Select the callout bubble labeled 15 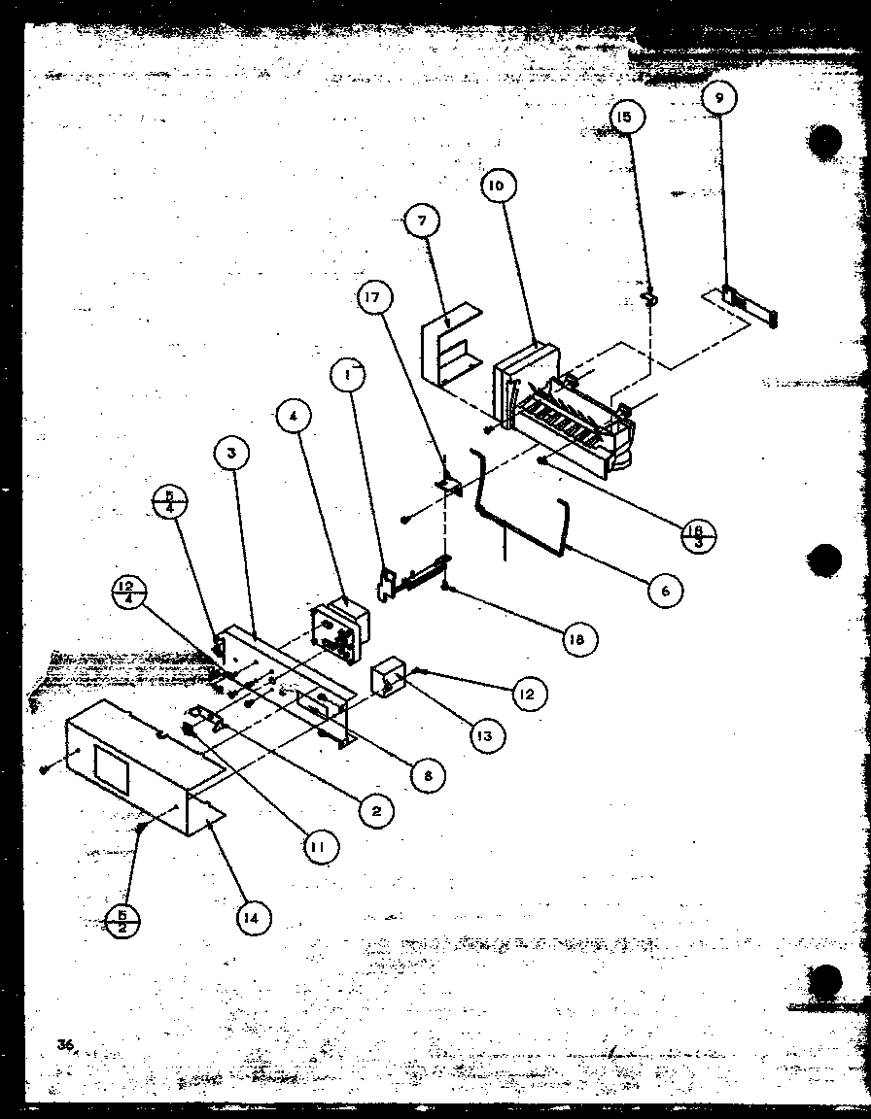point(623,118)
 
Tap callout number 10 point(497,185)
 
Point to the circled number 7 point(421,220)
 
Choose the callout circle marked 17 point(373,299)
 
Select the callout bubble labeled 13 point(483,735)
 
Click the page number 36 point(65,1045)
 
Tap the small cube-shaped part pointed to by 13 point(390,679)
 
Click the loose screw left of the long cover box point(45,769)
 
